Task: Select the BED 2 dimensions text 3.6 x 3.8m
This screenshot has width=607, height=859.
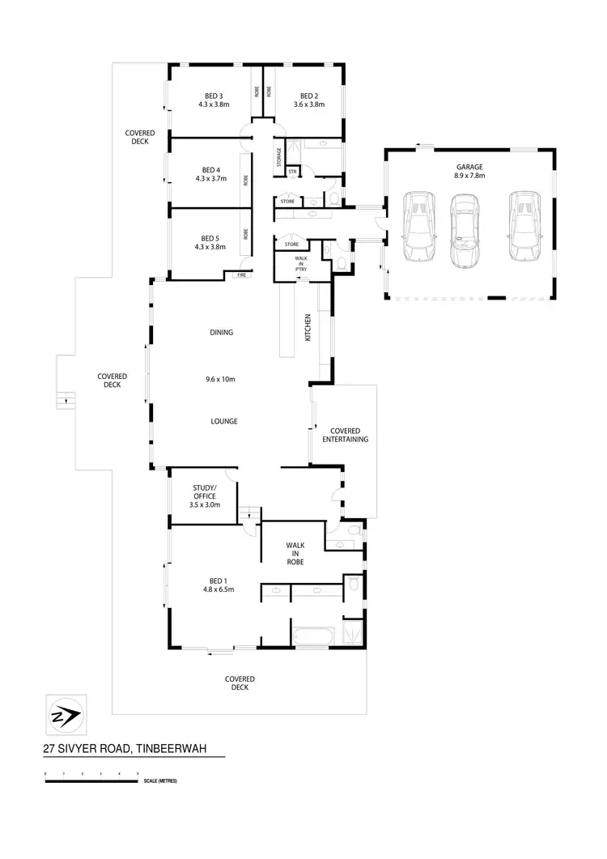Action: (308, 104)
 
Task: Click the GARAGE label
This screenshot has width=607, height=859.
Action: (469, 166)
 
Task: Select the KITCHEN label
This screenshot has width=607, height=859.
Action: (308, 327)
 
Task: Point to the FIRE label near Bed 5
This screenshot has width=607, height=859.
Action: (240, 275)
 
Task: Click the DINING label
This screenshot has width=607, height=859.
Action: (221, 332)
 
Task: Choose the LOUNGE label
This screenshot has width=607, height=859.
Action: (223, 421)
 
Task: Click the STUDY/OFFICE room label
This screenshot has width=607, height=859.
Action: (202, 491)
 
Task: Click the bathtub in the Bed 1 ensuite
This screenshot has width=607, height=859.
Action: (311, 637)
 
